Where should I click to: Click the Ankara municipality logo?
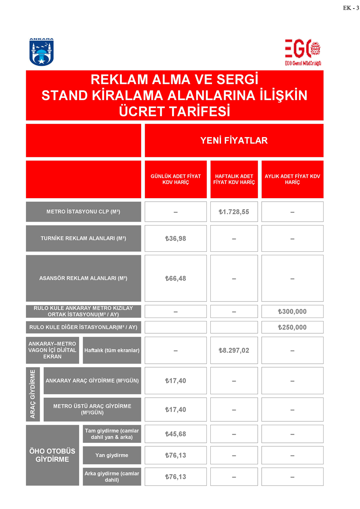[x=41, y=52]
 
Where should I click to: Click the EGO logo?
[x=303, y=52]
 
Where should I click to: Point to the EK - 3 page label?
[x=351, y=8]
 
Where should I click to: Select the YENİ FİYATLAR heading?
[x=234, y=141]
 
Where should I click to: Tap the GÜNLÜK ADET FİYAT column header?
[x=175, y=179]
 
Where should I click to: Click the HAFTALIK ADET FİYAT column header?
[x=234, y=179]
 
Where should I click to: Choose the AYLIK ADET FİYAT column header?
[x=292, y=179]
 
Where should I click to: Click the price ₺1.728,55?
[x=234, y=212]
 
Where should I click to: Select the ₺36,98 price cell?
[x=175, y=238]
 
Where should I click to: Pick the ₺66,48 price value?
[x=175, y=278]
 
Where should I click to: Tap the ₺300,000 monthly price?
[x=292, y=312]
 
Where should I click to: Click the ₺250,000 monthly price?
[x=292, y=327]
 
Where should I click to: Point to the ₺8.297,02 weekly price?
[x=234, y=350]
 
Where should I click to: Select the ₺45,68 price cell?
[x=175, y=434]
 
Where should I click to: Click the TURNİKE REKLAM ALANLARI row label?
[x=83, y=238]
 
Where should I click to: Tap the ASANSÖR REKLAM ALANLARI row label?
[x=83, y=278]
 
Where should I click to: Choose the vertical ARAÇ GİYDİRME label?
[x=33, y=394]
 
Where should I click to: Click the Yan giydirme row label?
[x=112, y=455]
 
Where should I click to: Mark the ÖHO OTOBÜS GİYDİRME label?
[x=52, y=455]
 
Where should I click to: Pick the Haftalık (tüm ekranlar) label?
[x=112, y=350]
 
